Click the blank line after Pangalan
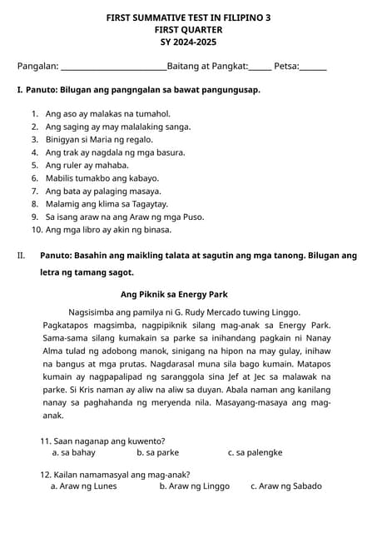[x=114, y=67]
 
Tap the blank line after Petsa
[x=313, y=67]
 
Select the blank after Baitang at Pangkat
[x=260, y=67]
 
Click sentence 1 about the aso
[x=108, y=114]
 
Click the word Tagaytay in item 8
[x=149, y=204]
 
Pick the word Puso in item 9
[x=191, y=217]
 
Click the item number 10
[x=37, y=230]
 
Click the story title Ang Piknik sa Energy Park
[x=174, y=295]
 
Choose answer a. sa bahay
[x=73, y=453]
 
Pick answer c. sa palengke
[x=255, y=453]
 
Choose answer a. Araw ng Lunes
[x=83, y=486]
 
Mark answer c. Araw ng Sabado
[x=285, y=486]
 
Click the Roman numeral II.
[x=22, y=256]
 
